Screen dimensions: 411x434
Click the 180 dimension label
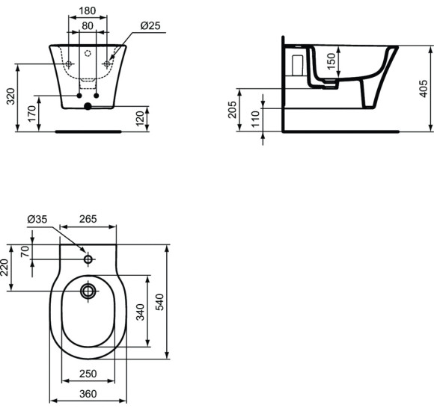click(x=88, y=11)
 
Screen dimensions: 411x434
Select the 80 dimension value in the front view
click(x=88, y=26)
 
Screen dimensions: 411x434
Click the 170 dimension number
click(x=32, y=114)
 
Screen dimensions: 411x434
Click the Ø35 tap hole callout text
click(x=37, y=219)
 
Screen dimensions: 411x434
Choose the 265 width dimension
click(x=88, y=219)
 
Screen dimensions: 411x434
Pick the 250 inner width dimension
click(x=88, y=374)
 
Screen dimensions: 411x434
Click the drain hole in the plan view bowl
click(x=88, y=290)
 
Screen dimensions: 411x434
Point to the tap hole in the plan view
click(x=88, y=259)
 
